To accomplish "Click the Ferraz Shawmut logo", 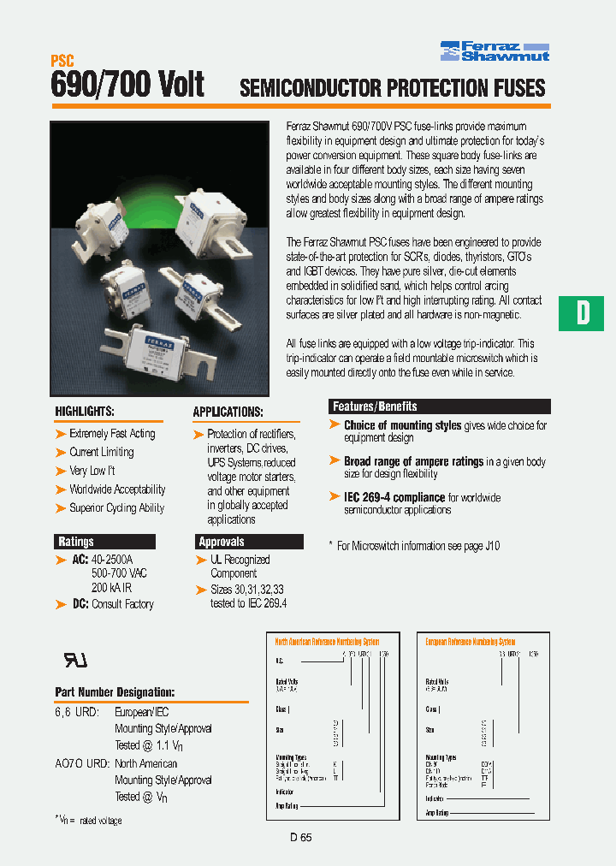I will (x=495, y=50).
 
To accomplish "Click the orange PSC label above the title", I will (x=62, y=61).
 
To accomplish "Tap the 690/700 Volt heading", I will (x=127, y=86).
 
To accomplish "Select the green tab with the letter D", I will (x=582, y=313).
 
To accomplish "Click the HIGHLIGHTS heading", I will (x=85, y=412).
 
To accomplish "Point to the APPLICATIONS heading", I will (x=228, y=412).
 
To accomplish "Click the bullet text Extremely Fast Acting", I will (x=112, y=434).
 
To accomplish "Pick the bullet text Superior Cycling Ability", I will (x=116, y=508).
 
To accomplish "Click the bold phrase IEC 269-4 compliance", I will (x=394, y=497).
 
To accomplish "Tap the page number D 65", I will (x=300, y=839).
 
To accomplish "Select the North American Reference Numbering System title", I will (x=327, y=641).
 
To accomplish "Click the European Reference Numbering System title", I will (x=471, y=641).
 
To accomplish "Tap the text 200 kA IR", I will (x=112, y=588).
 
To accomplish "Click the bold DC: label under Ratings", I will (x=79, y=604).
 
